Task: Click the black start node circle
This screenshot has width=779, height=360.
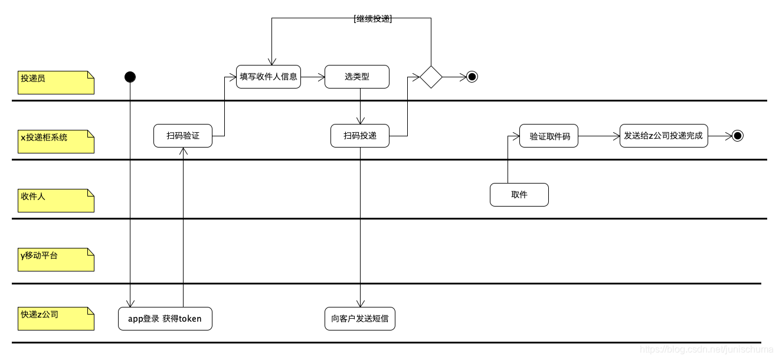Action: tap(130, 77)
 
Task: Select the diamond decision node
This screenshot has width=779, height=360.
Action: tap(431, 77)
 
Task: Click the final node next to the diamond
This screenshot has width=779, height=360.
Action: tap(472, 77)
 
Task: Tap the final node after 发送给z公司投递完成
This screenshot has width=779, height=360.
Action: tap(737, 136)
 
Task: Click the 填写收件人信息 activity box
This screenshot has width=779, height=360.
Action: tap(269, 77)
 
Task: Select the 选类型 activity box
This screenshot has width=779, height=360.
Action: tap(356, 77)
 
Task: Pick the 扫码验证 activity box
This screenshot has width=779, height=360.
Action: tap(183, 136)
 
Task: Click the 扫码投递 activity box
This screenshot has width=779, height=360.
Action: tap(359, 136)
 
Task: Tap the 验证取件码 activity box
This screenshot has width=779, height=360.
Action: tap(549, 136)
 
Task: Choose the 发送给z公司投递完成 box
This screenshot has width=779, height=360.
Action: tap(663, 136)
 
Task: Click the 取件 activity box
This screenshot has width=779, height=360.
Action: tap(519, 195)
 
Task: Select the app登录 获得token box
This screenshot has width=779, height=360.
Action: tap(165, 319)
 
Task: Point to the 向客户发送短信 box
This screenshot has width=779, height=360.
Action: tap(359, 319)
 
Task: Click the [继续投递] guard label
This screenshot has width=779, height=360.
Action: tap(373, 18)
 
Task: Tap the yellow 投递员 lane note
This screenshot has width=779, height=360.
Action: tap(56, 83)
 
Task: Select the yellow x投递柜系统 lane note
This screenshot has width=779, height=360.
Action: tap(56, 142)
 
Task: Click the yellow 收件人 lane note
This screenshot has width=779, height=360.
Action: tap(56, 201)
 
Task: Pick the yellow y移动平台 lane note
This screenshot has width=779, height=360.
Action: tap(56, 260)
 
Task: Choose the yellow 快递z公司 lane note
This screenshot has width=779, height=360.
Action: tap(56, 319)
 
